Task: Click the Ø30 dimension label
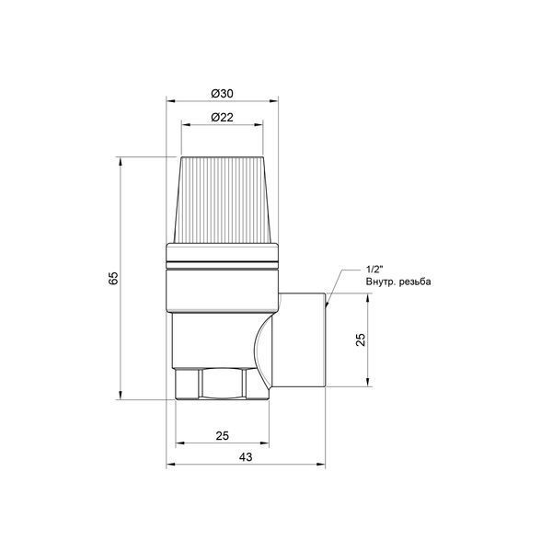[x=222, y=94]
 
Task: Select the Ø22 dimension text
[x=222, y=117]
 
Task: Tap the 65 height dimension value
[x=113, y=278]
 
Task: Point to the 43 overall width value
[x=246, y=457]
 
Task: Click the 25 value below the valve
[x=222, y=436]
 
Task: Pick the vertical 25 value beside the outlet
[x=361, y=339]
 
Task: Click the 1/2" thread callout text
[x=374, y=270]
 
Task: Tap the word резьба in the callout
[x=415, y=282]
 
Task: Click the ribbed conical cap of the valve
[x=222, y=200]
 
